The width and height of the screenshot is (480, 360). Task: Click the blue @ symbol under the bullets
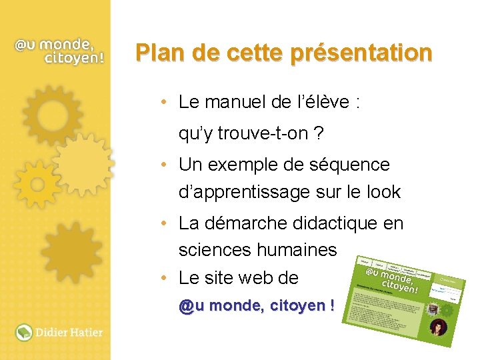coord(185,307)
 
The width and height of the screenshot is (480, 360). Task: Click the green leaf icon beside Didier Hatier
coord(24,331)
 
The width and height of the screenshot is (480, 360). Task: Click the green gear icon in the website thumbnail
coord(447,309)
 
